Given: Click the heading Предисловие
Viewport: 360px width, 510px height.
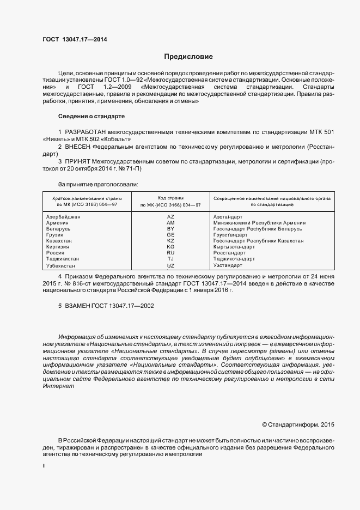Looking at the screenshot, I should click(188, 57).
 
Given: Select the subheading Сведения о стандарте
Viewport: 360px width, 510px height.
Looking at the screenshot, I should click(91, 117).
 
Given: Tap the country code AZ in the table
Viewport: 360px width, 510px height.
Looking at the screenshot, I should click(170, 217).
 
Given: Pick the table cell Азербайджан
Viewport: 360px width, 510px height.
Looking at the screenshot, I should click(64, 217).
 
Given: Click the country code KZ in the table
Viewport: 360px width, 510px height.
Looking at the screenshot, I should click(170, 241).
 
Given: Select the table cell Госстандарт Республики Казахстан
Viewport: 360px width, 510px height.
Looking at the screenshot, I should click(258, 241).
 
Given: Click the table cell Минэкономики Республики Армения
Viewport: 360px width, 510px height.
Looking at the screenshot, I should click(259, 223).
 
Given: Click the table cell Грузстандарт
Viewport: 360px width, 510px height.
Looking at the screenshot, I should click(231, 235).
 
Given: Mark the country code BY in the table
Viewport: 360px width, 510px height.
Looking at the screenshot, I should click(170, 229).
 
